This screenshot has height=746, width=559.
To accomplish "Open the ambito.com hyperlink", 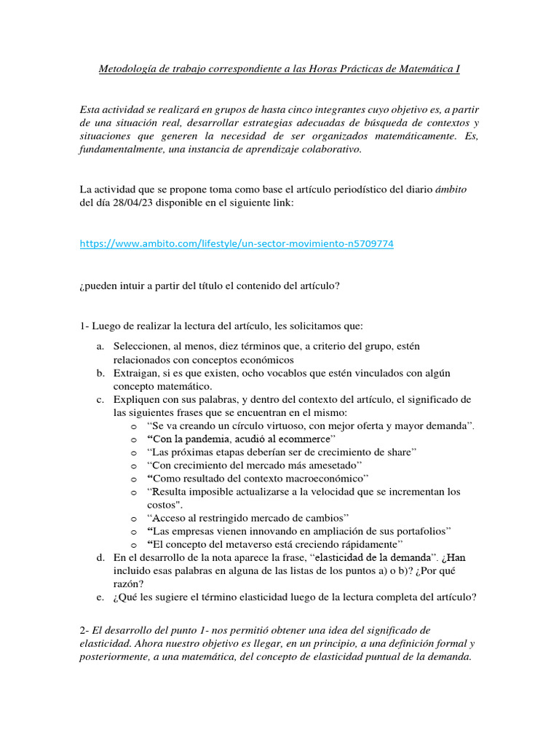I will (237, 244).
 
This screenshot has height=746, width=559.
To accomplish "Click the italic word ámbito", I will (451, 189).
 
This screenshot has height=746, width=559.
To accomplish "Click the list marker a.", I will (100, 346).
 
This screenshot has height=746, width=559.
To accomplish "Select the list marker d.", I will (100, 557).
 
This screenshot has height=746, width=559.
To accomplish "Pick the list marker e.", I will (100, 597).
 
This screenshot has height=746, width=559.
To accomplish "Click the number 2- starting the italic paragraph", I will (86, 629).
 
